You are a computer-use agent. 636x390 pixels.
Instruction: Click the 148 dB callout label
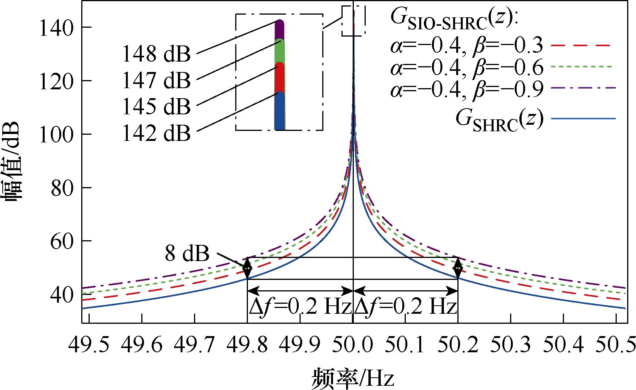pos(156,54)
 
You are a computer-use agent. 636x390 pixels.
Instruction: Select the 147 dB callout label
pos(156,80)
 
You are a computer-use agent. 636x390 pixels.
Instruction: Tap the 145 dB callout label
pos(156,107)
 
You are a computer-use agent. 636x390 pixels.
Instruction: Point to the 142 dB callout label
pos(156,133)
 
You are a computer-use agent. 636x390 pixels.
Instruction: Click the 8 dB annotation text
pos(187,253)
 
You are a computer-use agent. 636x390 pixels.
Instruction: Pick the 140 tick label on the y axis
pos(57,28)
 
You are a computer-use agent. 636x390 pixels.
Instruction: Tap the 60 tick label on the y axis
pos(62,241)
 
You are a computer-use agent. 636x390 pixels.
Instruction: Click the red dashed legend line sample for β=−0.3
pos(581,45)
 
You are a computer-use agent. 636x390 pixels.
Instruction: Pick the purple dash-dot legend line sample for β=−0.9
pos(584,88)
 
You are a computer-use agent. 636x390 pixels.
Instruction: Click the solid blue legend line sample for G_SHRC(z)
pos(584,118)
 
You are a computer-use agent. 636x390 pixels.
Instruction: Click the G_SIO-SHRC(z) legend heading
pos(455,19)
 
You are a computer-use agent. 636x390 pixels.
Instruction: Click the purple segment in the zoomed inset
pos(280,30)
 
